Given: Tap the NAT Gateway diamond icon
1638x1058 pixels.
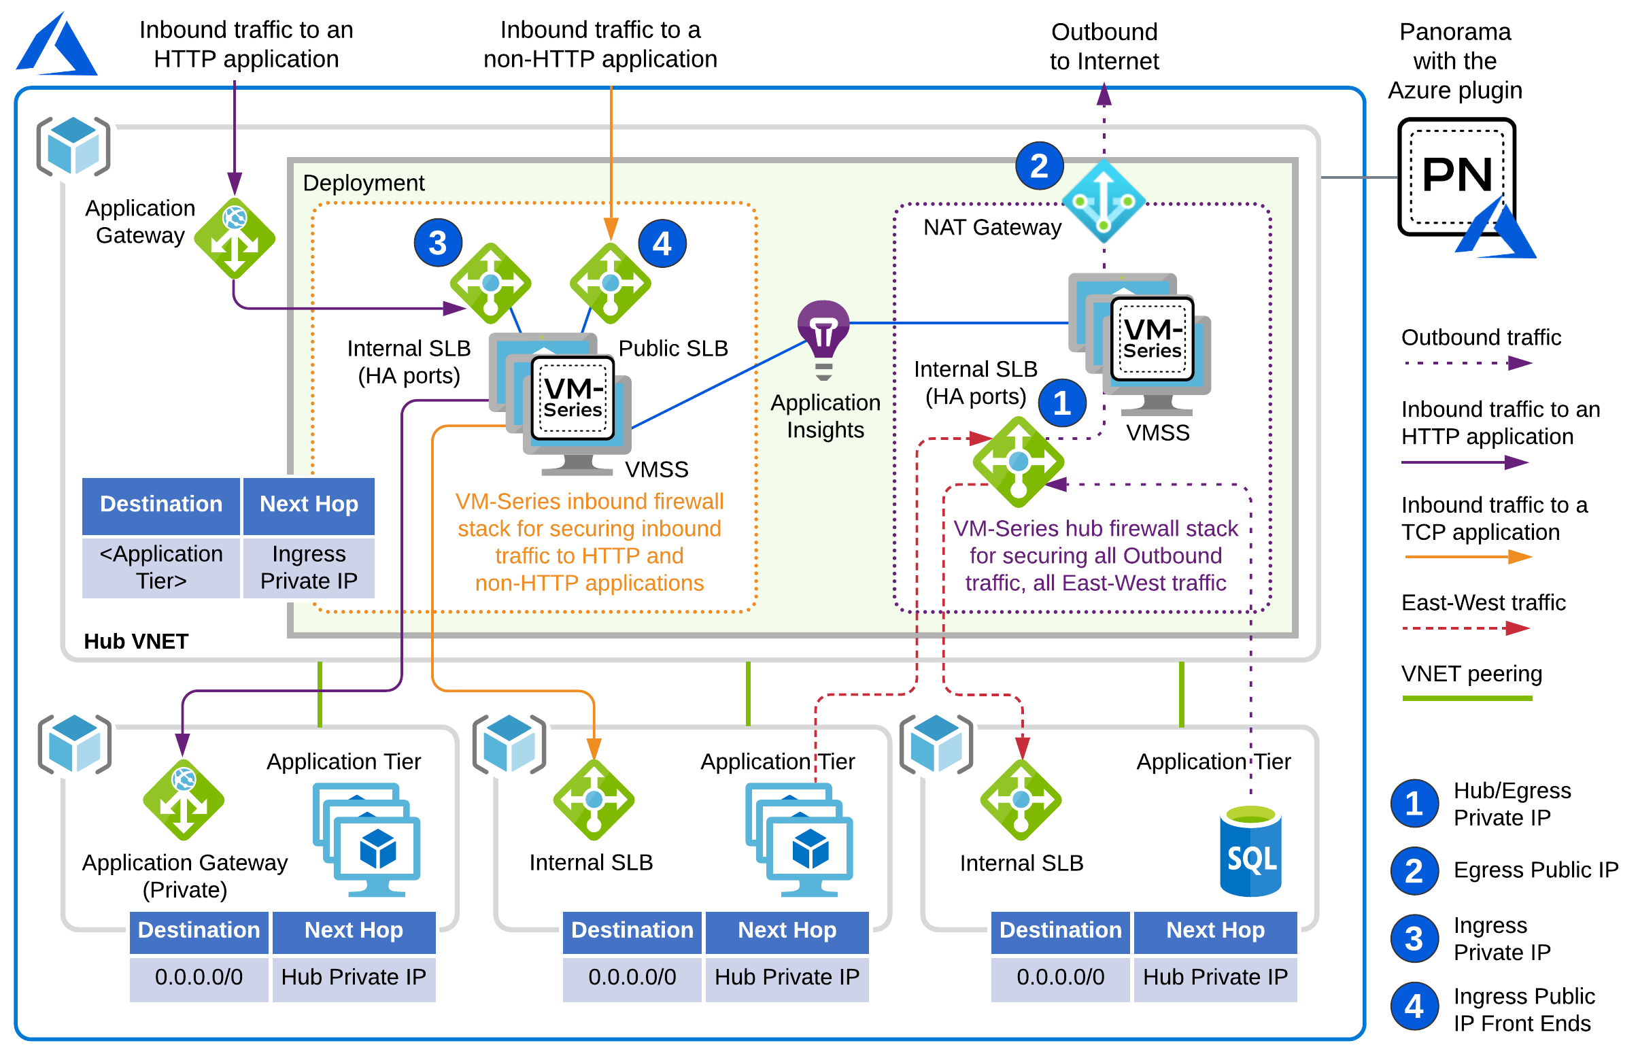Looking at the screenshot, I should [1103, 201].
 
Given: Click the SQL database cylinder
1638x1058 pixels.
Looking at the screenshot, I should [1250, 852].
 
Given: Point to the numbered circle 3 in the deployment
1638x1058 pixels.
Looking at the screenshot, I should [437, 243].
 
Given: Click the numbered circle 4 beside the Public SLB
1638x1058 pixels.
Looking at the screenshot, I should [662, 243].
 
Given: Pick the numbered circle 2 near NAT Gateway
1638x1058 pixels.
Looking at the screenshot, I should [1038, 166].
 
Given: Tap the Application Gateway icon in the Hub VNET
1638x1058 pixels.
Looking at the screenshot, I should [235, 239].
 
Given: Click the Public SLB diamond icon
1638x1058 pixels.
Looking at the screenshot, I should [610, 282].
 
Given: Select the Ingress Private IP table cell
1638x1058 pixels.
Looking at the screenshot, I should [309, 567].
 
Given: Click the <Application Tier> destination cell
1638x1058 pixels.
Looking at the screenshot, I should [160, 567].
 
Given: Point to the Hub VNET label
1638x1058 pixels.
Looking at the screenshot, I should [136, 641].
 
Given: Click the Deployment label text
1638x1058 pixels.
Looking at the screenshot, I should [363, 183].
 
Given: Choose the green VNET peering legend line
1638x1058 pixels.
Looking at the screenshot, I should [1466, 698].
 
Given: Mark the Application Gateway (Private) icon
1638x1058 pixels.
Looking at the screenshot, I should [184, 799].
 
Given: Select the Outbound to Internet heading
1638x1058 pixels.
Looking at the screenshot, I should [1104, 46].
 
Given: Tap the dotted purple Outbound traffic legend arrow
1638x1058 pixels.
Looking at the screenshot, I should [1466, 362].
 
